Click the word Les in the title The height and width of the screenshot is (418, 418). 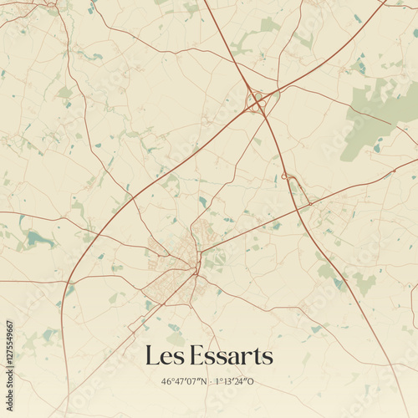point(164,356)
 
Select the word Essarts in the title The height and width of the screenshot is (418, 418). point(232,356)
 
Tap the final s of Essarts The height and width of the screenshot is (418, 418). point(267,358)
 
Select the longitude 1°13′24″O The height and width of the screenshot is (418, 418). point(234,382)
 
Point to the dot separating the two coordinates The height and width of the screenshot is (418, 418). point(210,382)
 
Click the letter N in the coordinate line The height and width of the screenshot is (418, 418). point(201,382)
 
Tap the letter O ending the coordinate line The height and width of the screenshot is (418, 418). point(251,382)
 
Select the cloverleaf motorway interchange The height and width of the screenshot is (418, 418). point(254,102)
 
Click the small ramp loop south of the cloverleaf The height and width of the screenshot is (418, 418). point(287,176)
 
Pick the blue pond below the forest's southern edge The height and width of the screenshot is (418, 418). point(377,149)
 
